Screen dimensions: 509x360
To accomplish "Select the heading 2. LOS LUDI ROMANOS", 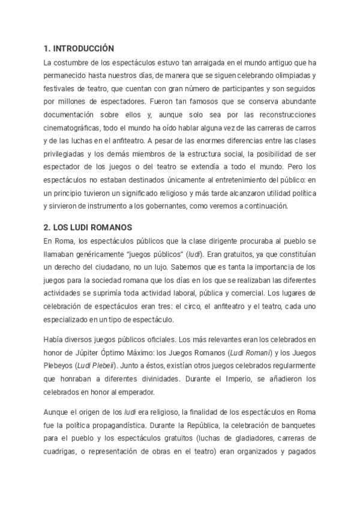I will click(x=88, y=227).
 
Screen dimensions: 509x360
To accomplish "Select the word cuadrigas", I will click(x=63, y=453).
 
